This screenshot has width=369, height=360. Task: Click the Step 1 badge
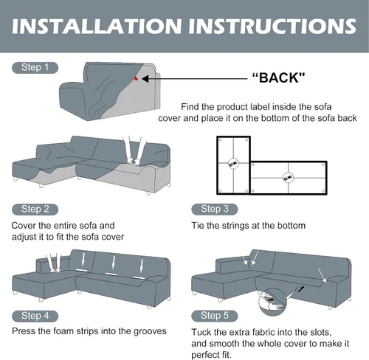coord(35,68)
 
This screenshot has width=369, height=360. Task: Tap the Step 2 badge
coord(35,210)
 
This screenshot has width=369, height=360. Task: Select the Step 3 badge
coord(215,209)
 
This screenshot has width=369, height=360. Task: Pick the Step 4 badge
coord(35,316)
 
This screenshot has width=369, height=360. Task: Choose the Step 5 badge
coord(215,316)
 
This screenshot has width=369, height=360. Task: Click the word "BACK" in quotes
coord(278,77)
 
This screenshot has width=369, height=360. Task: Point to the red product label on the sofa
coord(136,79)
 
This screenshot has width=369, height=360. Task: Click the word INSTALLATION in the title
coord(97,26)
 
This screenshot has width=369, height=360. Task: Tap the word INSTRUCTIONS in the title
coord(272,26)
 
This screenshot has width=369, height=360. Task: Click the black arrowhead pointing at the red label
coord(145,79)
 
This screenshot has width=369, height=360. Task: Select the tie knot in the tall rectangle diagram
coord(233,163)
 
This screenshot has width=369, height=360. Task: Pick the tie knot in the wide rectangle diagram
coord(288,178)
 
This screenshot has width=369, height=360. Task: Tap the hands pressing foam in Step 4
coord(54,263)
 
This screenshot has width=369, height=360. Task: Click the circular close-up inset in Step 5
coord(272,302)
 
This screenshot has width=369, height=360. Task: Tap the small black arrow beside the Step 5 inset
coord(301,288)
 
